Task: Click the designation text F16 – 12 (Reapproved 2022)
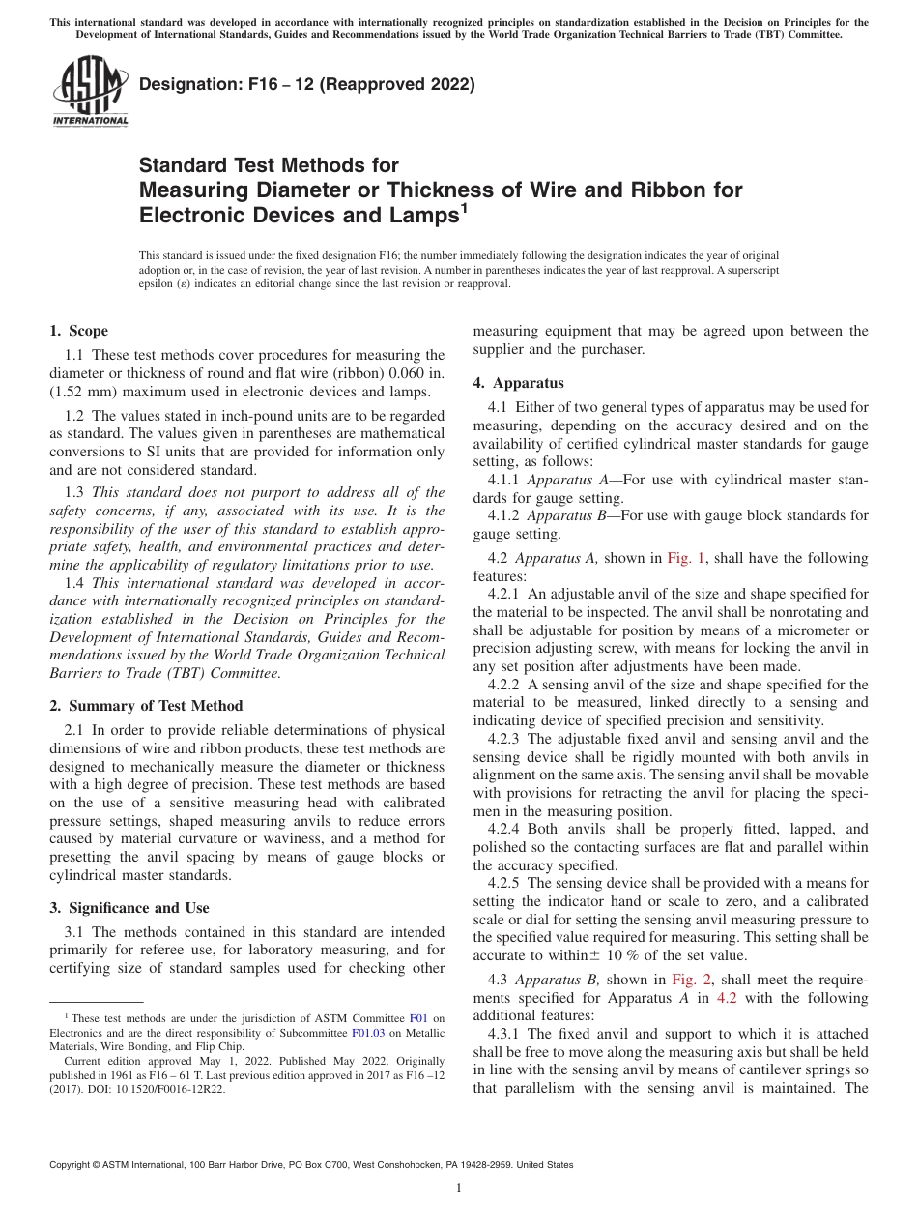tap(307, 84)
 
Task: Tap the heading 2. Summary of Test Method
tap(146, 705)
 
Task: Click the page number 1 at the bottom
tap(459, 1188)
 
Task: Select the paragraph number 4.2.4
tap(505, 829)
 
